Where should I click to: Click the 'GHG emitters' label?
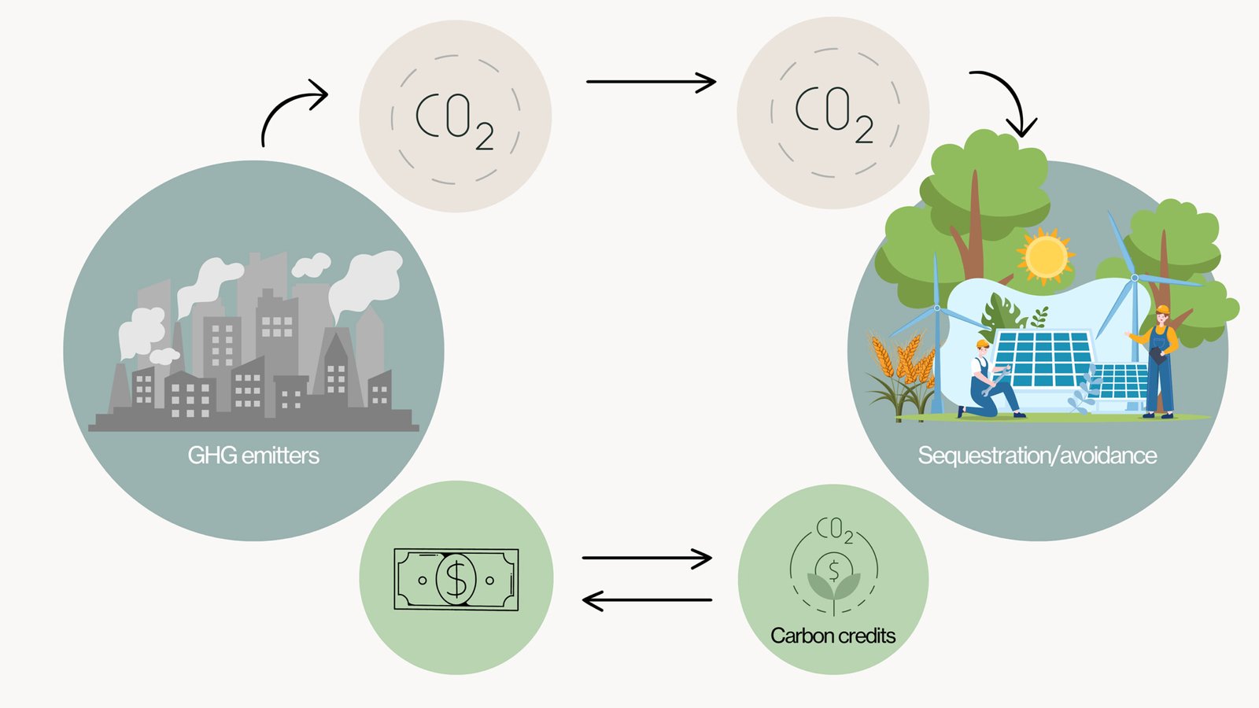[x=253, y=455]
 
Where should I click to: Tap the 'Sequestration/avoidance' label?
[x=1037, y=455]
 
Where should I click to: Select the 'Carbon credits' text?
[x=833, y=636]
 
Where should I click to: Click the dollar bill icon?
[x=456, y=579]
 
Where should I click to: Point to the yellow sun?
[x=1045, y=256]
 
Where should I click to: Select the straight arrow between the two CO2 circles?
[x=651, y=81]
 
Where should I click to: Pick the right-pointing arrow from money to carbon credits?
[x=647, y=558]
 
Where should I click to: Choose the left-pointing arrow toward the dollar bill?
[x=647, y=601]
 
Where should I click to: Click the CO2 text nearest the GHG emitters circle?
[x=455, y=120]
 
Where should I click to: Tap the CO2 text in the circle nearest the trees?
[x=834, y=114]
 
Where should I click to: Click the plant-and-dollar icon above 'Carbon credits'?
[x=833, y=574]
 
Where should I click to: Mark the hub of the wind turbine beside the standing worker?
[x=1135, y=278]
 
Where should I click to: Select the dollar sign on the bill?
[x=456, y=579]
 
